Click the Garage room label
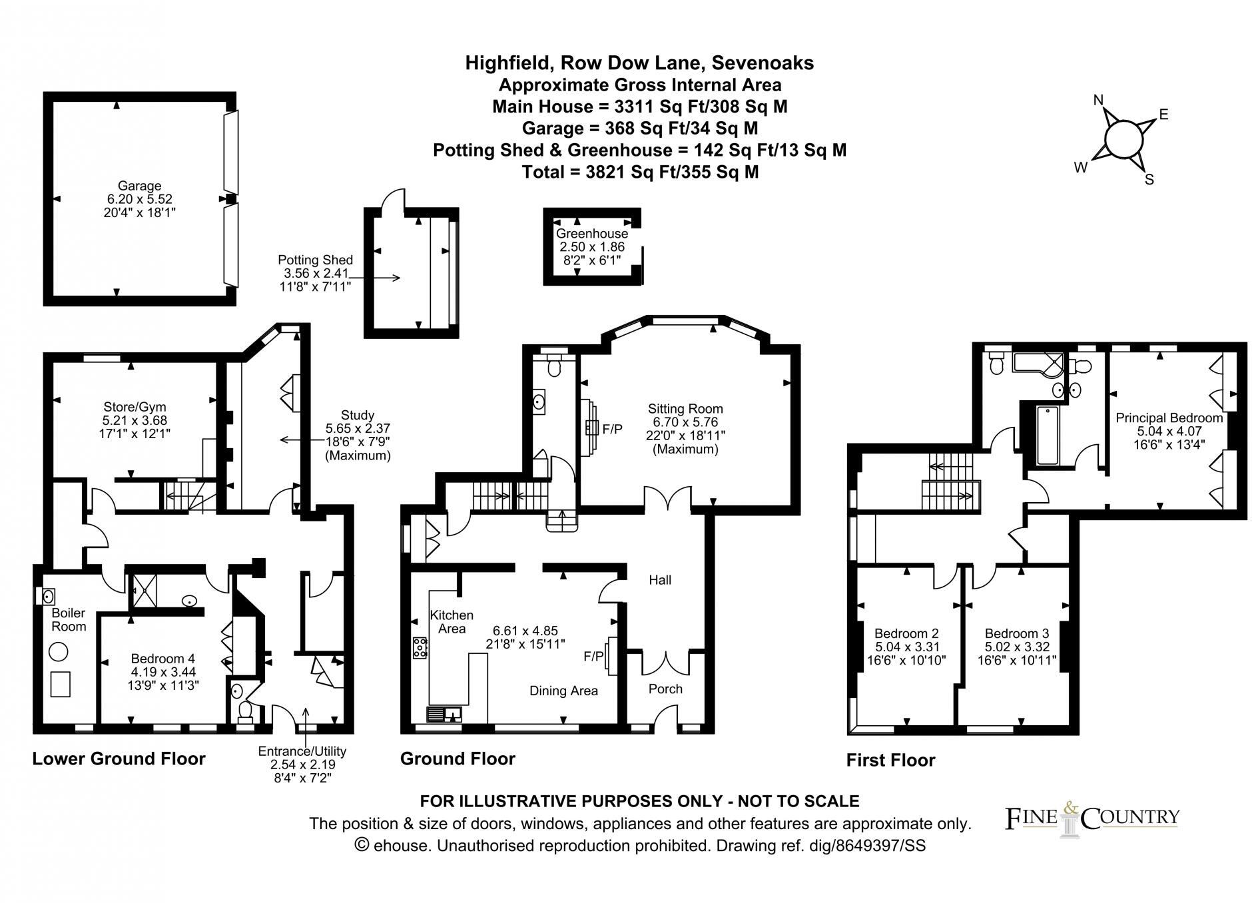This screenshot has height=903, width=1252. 139,186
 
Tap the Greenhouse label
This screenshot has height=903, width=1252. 591,234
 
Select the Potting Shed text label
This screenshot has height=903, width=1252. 315,260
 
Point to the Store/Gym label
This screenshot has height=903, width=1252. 135,407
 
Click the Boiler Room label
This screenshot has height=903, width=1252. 69,619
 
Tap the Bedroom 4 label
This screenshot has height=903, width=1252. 163,659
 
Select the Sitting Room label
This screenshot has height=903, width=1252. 685,409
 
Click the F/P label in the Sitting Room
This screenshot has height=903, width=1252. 612,430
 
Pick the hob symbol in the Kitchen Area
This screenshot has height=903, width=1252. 420,648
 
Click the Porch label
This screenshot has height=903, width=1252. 665,689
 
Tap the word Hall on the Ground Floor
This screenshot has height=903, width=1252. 660,580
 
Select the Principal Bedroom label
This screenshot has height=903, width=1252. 1169,418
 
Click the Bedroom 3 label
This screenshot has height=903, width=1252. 1016,633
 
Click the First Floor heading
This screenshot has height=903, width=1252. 890,760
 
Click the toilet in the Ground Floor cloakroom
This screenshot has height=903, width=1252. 553,364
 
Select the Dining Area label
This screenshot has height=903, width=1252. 563,691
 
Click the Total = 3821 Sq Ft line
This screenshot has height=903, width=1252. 640,172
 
